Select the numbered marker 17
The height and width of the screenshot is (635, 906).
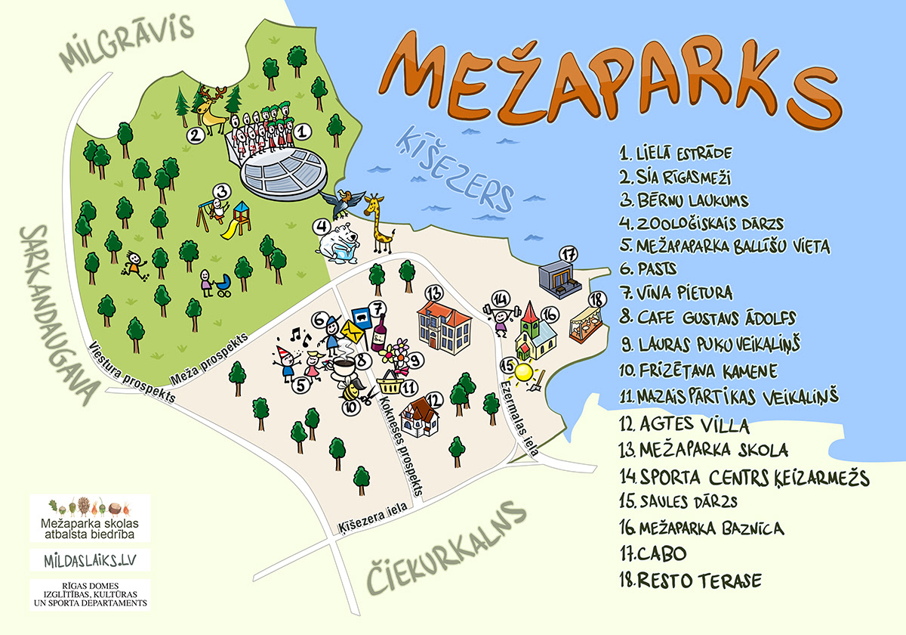pos(569,253)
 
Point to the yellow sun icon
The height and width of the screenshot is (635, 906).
pos(524,372)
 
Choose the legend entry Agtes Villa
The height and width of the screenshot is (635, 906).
pos(684,423)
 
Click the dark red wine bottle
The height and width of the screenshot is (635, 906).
pos(378,333)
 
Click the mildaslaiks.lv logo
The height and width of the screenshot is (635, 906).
pos(90,560)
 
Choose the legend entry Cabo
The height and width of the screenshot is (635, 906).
pos(654,553)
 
